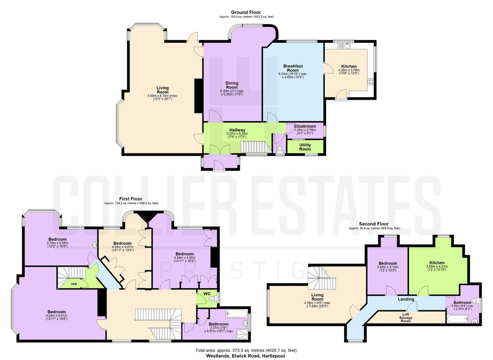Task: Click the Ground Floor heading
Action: [x=246, y=12]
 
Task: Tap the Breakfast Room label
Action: [x=293, y=68]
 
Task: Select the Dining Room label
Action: [x=232, y=85]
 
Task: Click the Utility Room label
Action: [x=305, y=147]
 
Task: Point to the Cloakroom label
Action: [x=304, y=126]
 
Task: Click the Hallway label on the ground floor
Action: [x=237, y=130]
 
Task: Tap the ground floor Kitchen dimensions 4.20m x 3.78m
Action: [x=348, y=70]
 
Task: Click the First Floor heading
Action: [x=131, y=199]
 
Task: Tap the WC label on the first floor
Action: [x=203, y=294]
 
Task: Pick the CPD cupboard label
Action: [x=74, y=284]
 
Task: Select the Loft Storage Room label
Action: [x=405, y=318]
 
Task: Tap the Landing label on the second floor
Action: [x=406, y=299]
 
